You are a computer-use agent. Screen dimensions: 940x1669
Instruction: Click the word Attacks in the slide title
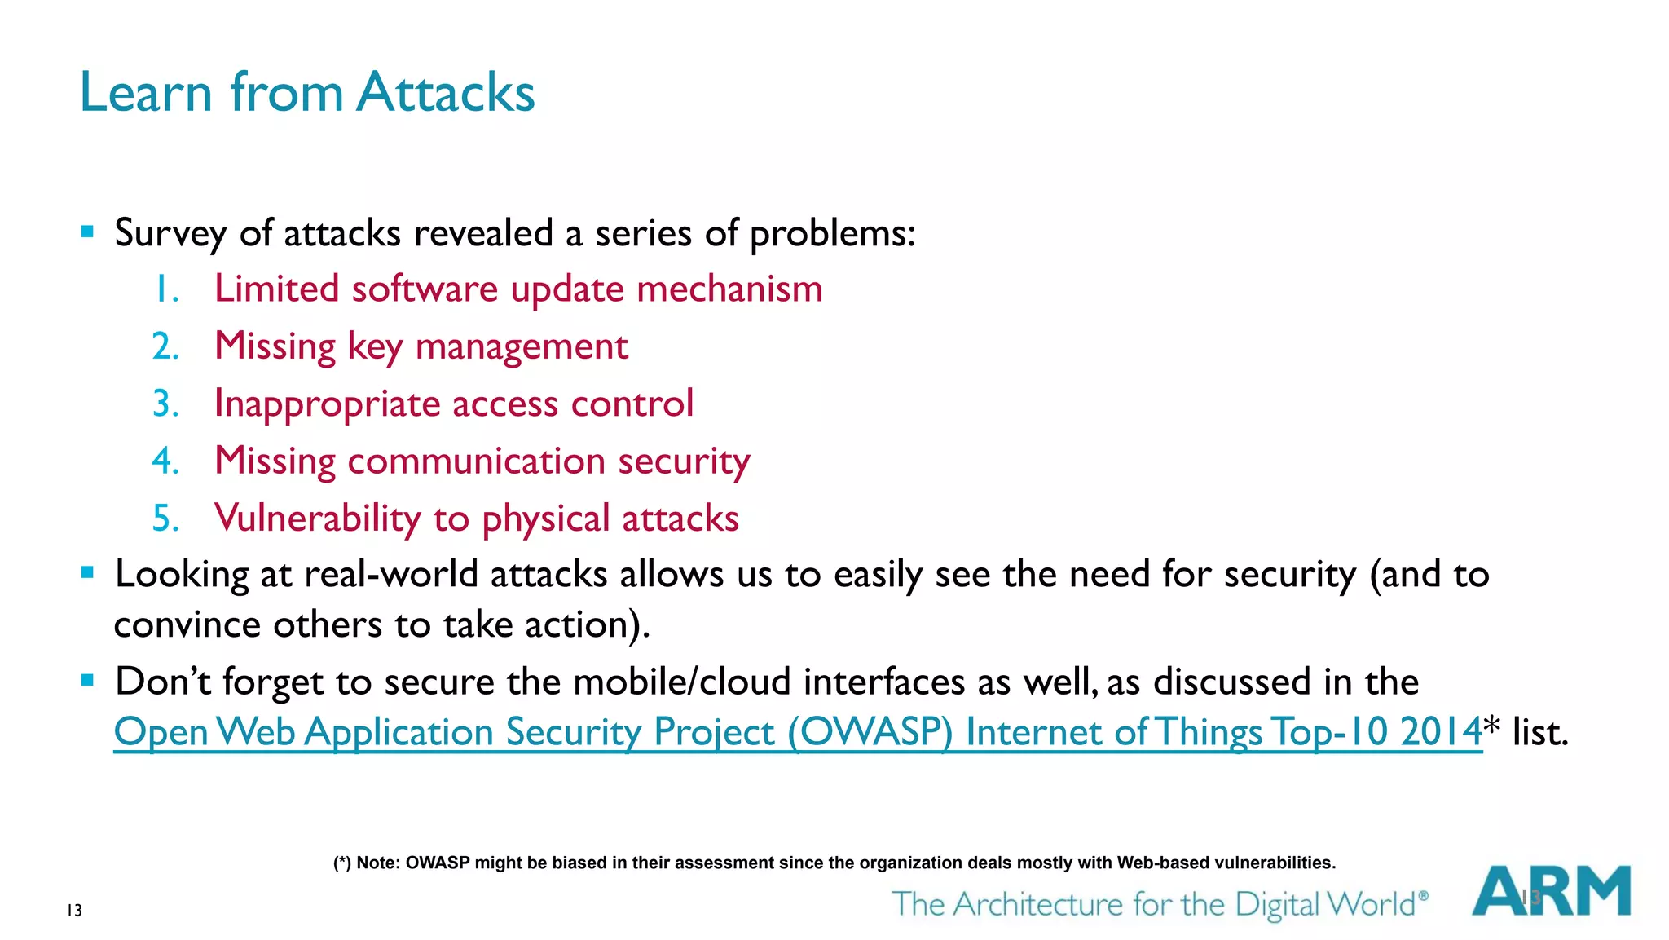[x=446, y=92]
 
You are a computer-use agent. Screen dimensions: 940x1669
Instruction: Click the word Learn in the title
[x=146, y=92]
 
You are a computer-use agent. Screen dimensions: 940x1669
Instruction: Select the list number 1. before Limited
[x=165, y=289]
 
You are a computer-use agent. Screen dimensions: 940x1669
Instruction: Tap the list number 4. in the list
[x=165, y=461]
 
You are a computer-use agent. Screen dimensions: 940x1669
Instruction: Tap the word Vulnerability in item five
[x=317, y=519]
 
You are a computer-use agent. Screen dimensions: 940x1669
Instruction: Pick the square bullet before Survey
[x=88, y=232]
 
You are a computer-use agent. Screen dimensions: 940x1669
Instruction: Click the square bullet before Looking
[x=88, y=573]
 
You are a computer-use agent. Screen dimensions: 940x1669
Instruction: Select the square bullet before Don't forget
[x=88, y=680]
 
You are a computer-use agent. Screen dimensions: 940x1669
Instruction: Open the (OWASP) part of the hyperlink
[x=870, y=732]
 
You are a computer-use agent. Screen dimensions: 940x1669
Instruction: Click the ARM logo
[x=1551, y=891]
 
